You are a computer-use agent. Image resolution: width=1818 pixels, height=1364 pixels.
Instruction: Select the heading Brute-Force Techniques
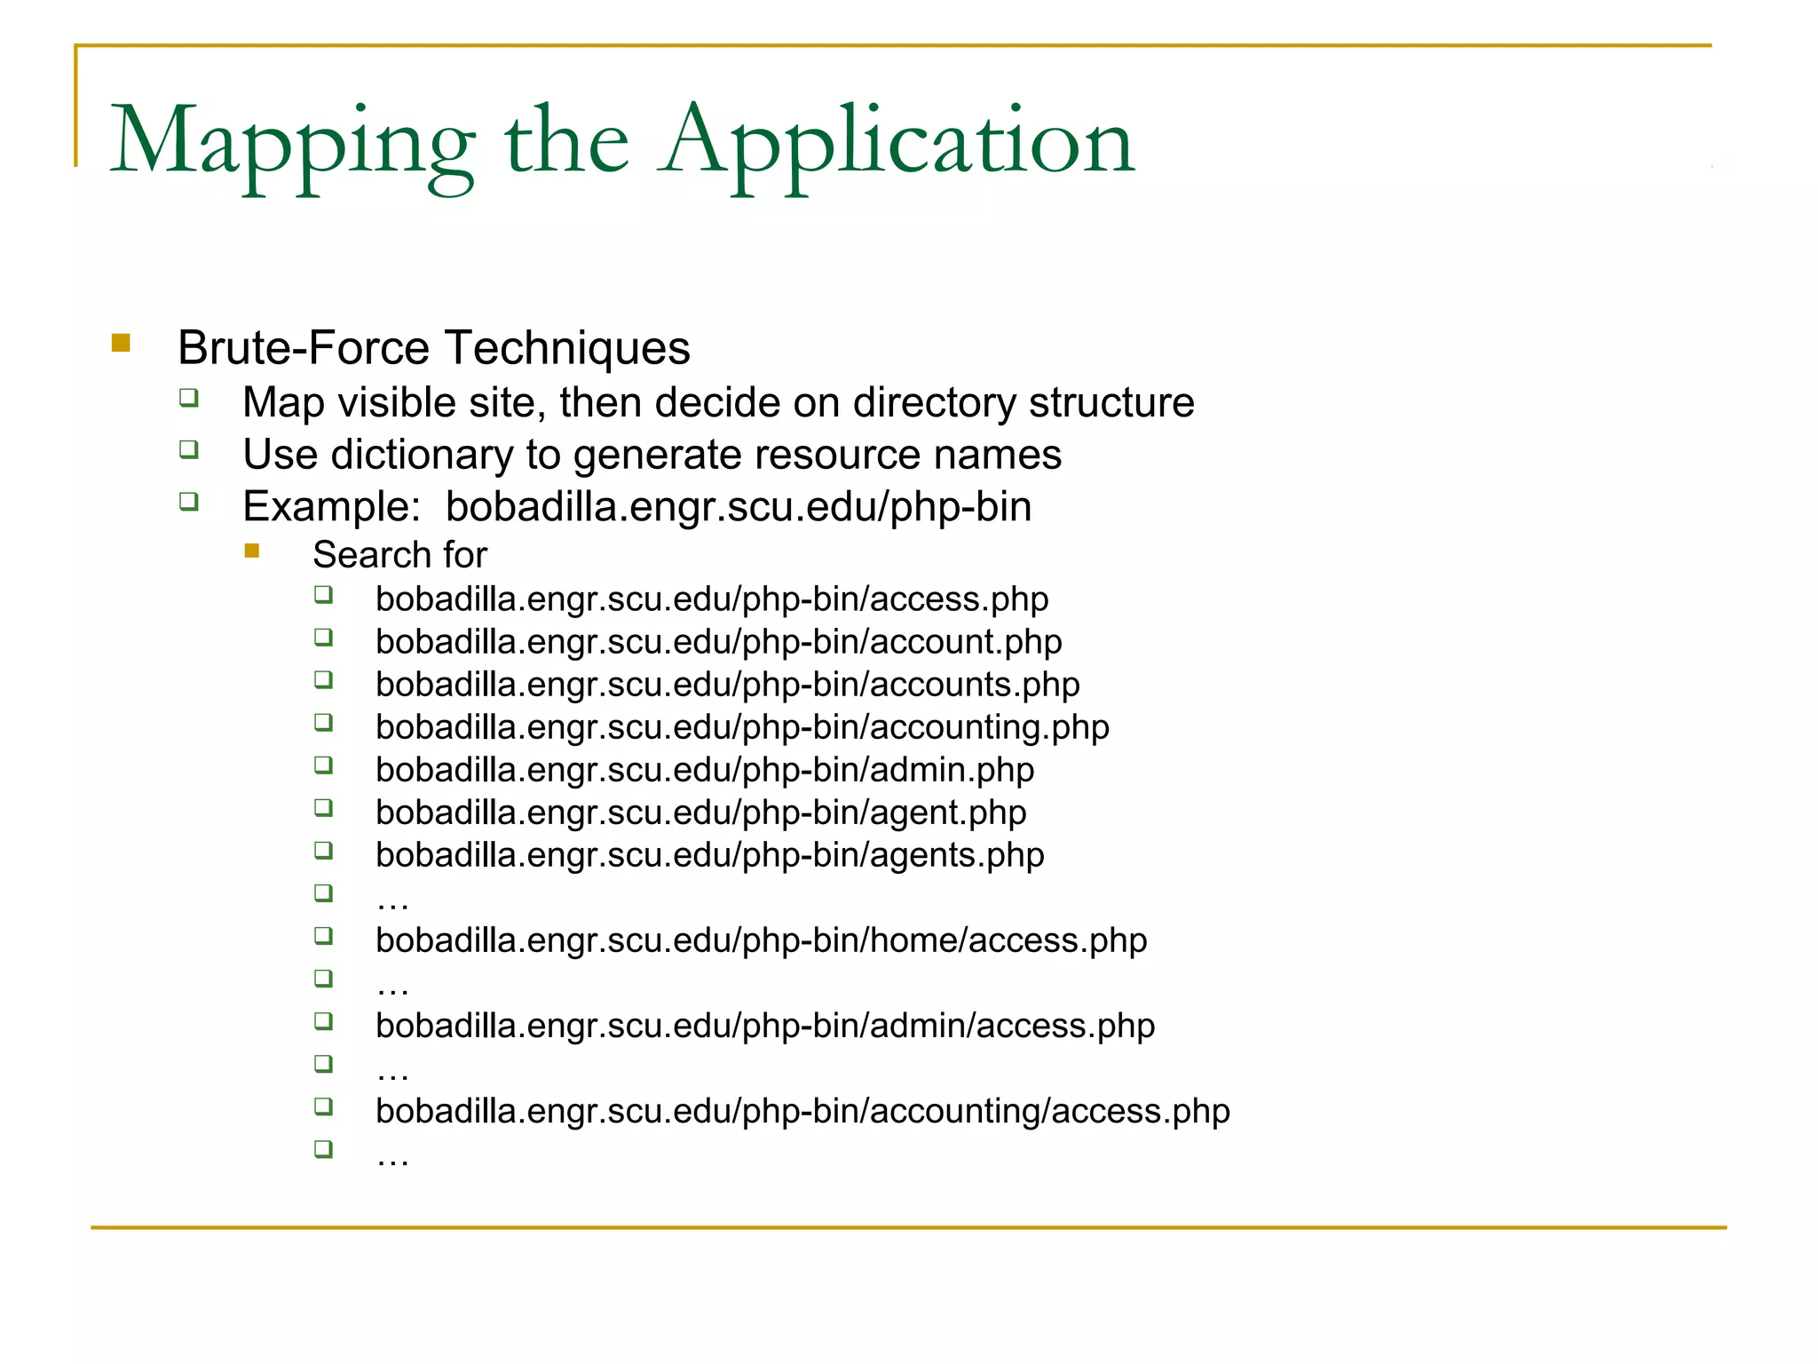pyautogui.click(x=433, y=347)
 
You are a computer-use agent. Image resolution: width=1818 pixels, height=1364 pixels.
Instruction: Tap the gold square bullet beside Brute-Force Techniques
pyautogui.click(x=122, y=343)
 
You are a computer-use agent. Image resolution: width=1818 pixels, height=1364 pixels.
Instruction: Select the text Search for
pyautogui.click(x=399, y=555)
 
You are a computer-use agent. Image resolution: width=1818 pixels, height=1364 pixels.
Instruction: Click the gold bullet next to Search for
pyautogui.click(x=252, y=551)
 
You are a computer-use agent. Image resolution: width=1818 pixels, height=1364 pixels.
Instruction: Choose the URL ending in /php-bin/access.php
pyautogui.click(x=712, y=599)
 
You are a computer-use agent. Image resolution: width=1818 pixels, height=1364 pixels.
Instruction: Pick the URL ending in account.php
pyautogui.click(x=718, y=642)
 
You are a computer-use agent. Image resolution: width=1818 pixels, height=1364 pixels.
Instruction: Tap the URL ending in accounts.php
pyautogui.click(x=727, y=685)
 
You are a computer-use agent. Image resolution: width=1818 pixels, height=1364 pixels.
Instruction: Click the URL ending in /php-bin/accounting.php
pyautogui.click(x=742, y=727)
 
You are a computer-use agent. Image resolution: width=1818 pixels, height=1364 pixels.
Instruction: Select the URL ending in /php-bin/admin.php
pyautogui.click(x=705, y=770)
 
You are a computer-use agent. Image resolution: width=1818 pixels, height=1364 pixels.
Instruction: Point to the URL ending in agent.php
pyautogui.click(x=700, y=813)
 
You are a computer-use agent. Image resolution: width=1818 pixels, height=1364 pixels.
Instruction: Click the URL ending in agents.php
pyautogui.click(x=709, y=855)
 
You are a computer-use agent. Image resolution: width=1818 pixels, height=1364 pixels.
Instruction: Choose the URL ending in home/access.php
pyautogui.click(x=761, y=940)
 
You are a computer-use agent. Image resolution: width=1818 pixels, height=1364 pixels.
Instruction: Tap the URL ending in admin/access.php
pyautogui.click(x=765, y=1026)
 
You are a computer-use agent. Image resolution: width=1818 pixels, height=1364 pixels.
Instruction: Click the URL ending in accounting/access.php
pyautogui.click(x=802, y=1111)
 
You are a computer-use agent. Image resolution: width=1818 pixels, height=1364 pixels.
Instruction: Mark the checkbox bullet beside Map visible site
pyautogui.click(x=189, y=398)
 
